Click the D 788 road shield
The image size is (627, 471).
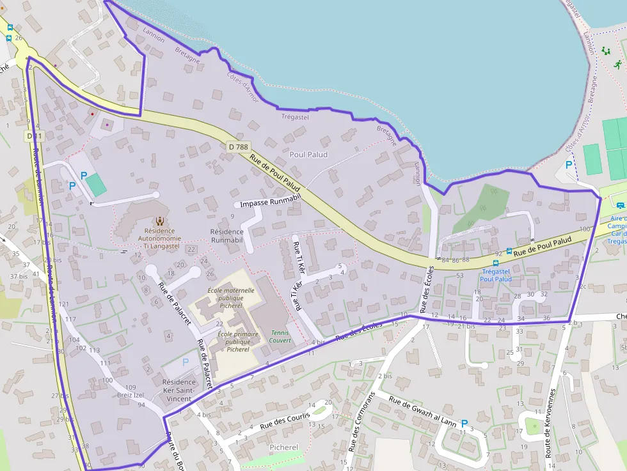point(238,147)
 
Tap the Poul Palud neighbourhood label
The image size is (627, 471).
point(308,155)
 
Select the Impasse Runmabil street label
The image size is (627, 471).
point(269,204)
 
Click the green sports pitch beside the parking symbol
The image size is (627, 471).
point(96,185)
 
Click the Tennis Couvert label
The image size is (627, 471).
point(280,336)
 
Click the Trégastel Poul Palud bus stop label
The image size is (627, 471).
point(496,275)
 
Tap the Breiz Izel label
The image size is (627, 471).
point(131,395)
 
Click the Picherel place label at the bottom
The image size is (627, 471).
point(284,447)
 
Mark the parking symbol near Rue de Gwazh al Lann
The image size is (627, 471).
point(464,422)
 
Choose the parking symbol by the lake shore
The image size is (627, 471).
point(568,165)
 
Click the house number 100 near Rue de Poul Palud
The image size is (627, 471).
point(583,229)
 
